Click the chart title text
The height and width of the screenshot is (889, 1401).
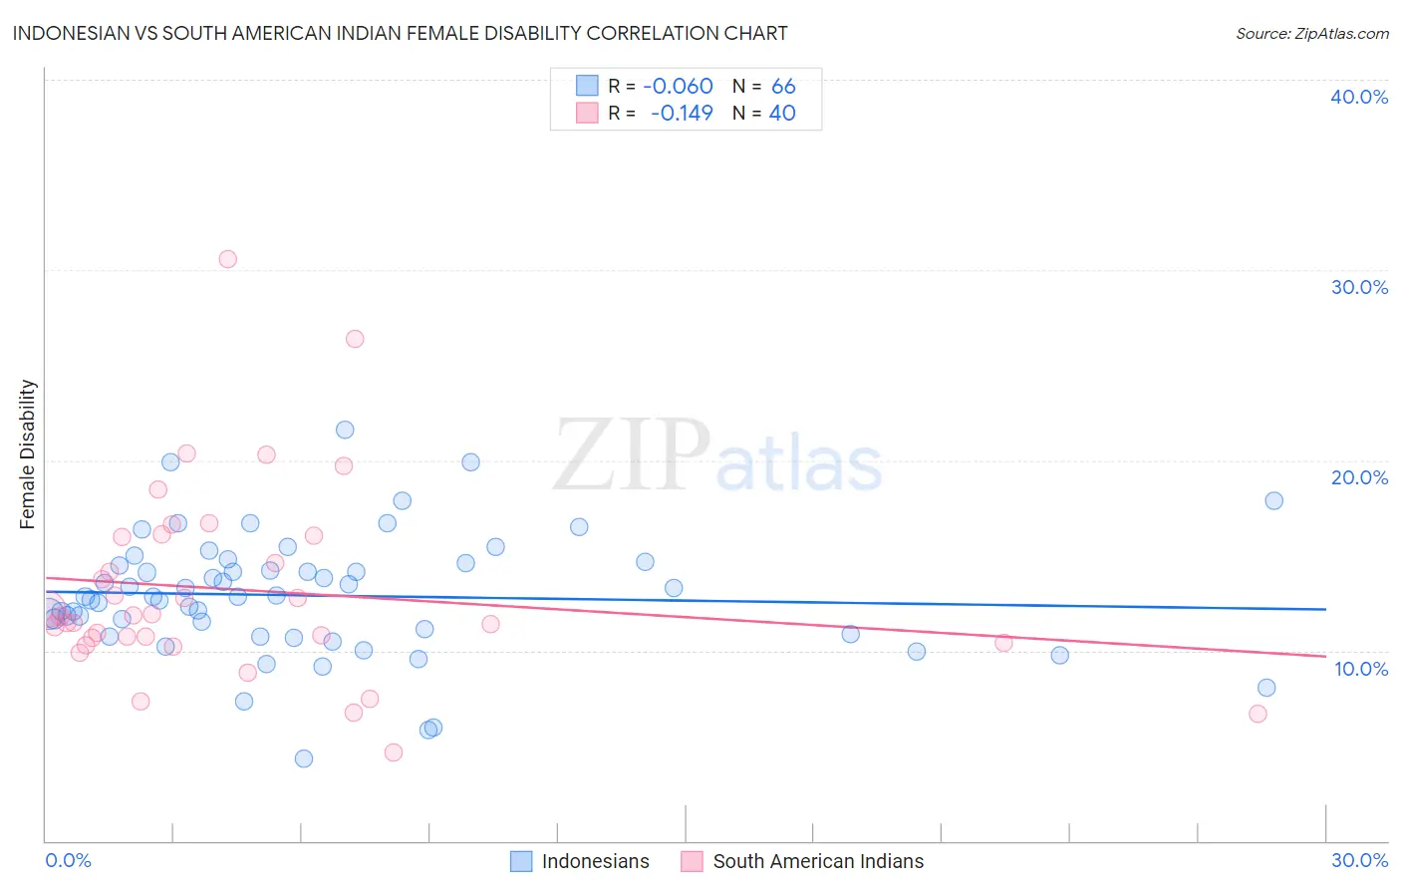point(400,34)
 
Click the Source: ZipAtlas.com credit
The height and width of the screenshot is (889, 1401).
point(1311,34)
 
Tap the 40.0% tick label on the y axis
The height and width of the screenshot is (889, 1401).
point(1359,97)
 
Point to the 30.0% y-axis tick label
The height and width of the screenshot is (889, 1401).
point(1359,287)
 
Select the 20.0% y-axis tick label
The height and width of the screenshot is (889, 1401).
point(1359,477)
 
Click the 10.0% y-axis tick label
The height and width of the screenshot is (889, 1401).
point(1359,669)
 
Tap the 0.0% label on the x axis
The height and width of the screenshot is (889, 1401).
point(68,860)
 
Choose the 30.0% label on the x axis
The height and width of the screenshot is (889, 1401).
point(1359,860)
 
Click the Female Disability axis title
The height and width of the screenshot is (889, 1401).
point(28,453)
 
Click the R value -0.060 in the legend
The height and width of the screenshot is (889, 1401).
point(678,87)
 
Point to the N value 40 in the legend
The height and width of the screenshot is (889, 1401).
point(782,114)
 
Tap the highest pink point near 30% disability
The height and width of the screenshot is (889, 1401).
point(227,259)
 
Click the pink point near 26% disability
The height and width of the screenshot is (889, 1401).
point(355,339)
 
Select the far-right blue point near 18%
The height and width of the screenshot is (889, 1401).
point(1273,500)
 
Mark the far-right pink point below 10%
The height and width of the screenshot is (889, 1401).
point(1258,714)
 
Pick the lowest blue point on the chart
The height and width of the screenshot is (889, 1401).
point(304,758)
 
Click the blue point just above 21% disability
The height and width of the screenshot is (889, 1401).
point(345,430)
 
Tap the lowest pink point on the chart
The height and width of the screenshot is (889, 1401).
point(394,752)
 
